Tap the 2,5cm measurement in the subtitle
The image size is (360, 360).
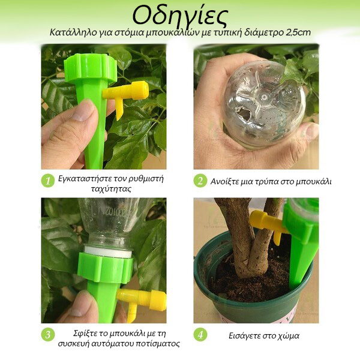pos(298,32)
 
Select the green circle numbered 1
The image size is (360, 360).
pos(48,181)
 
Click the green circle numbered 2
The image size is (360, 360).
pos(200,181)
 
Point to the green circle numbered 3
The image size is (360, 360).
pos(48,335)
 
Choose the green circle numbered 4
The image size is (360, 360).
pos(200,335)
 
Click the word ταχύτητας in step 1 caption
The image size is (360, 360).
pos(111,190)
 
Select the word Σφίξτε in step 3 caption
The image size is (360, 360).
pos(84,334)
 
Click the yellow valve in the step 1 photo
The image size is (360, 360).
pos(125,94)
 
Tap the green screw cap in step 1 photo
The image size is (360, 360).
pos(90,68)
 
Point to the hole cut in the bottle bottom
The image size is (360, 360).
pos(244,114)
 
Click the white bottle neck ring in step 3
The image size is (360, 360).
pos(108,251)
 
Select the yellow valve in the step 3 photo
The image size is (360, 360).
pos(142,302)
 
